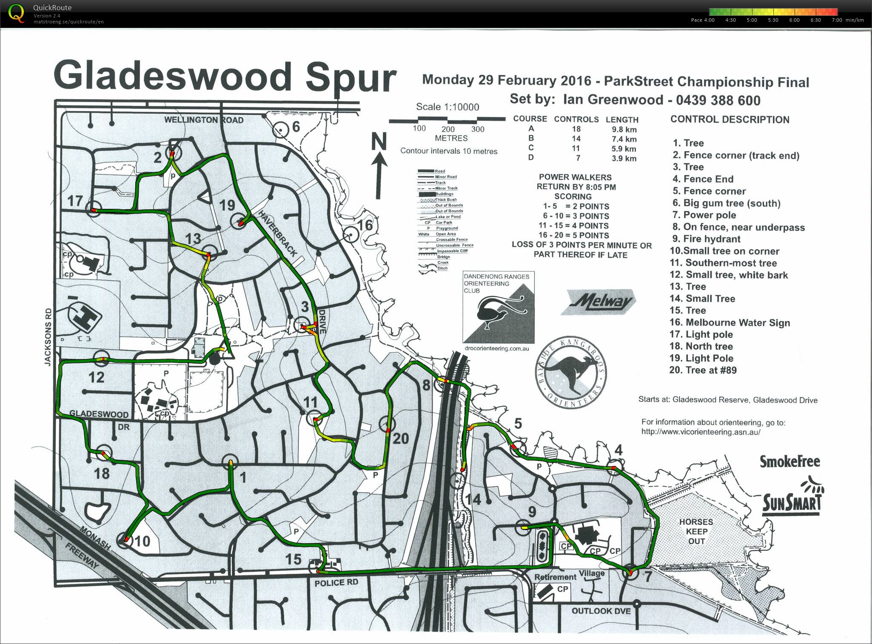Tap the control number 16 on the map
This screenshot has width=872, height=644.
coord(365,225)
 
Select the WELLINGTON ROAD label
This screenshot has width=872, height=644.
coord(204,120)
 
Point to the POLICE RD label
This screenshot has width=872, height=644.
coord(336,582)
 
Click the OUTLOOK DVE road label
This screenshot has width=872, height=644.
coord(601,611)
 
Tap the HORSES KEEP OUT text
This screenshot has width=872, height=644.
coord(696,531)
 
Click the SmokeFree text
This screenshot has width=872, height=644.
coord(789,462)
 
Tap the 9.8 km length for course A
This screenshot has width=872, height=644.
coord(621,130)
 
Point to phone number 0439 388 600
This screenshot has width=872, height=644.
coord(718,100)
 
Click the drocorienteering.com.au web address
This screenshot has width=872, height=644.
coord(497,348)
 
